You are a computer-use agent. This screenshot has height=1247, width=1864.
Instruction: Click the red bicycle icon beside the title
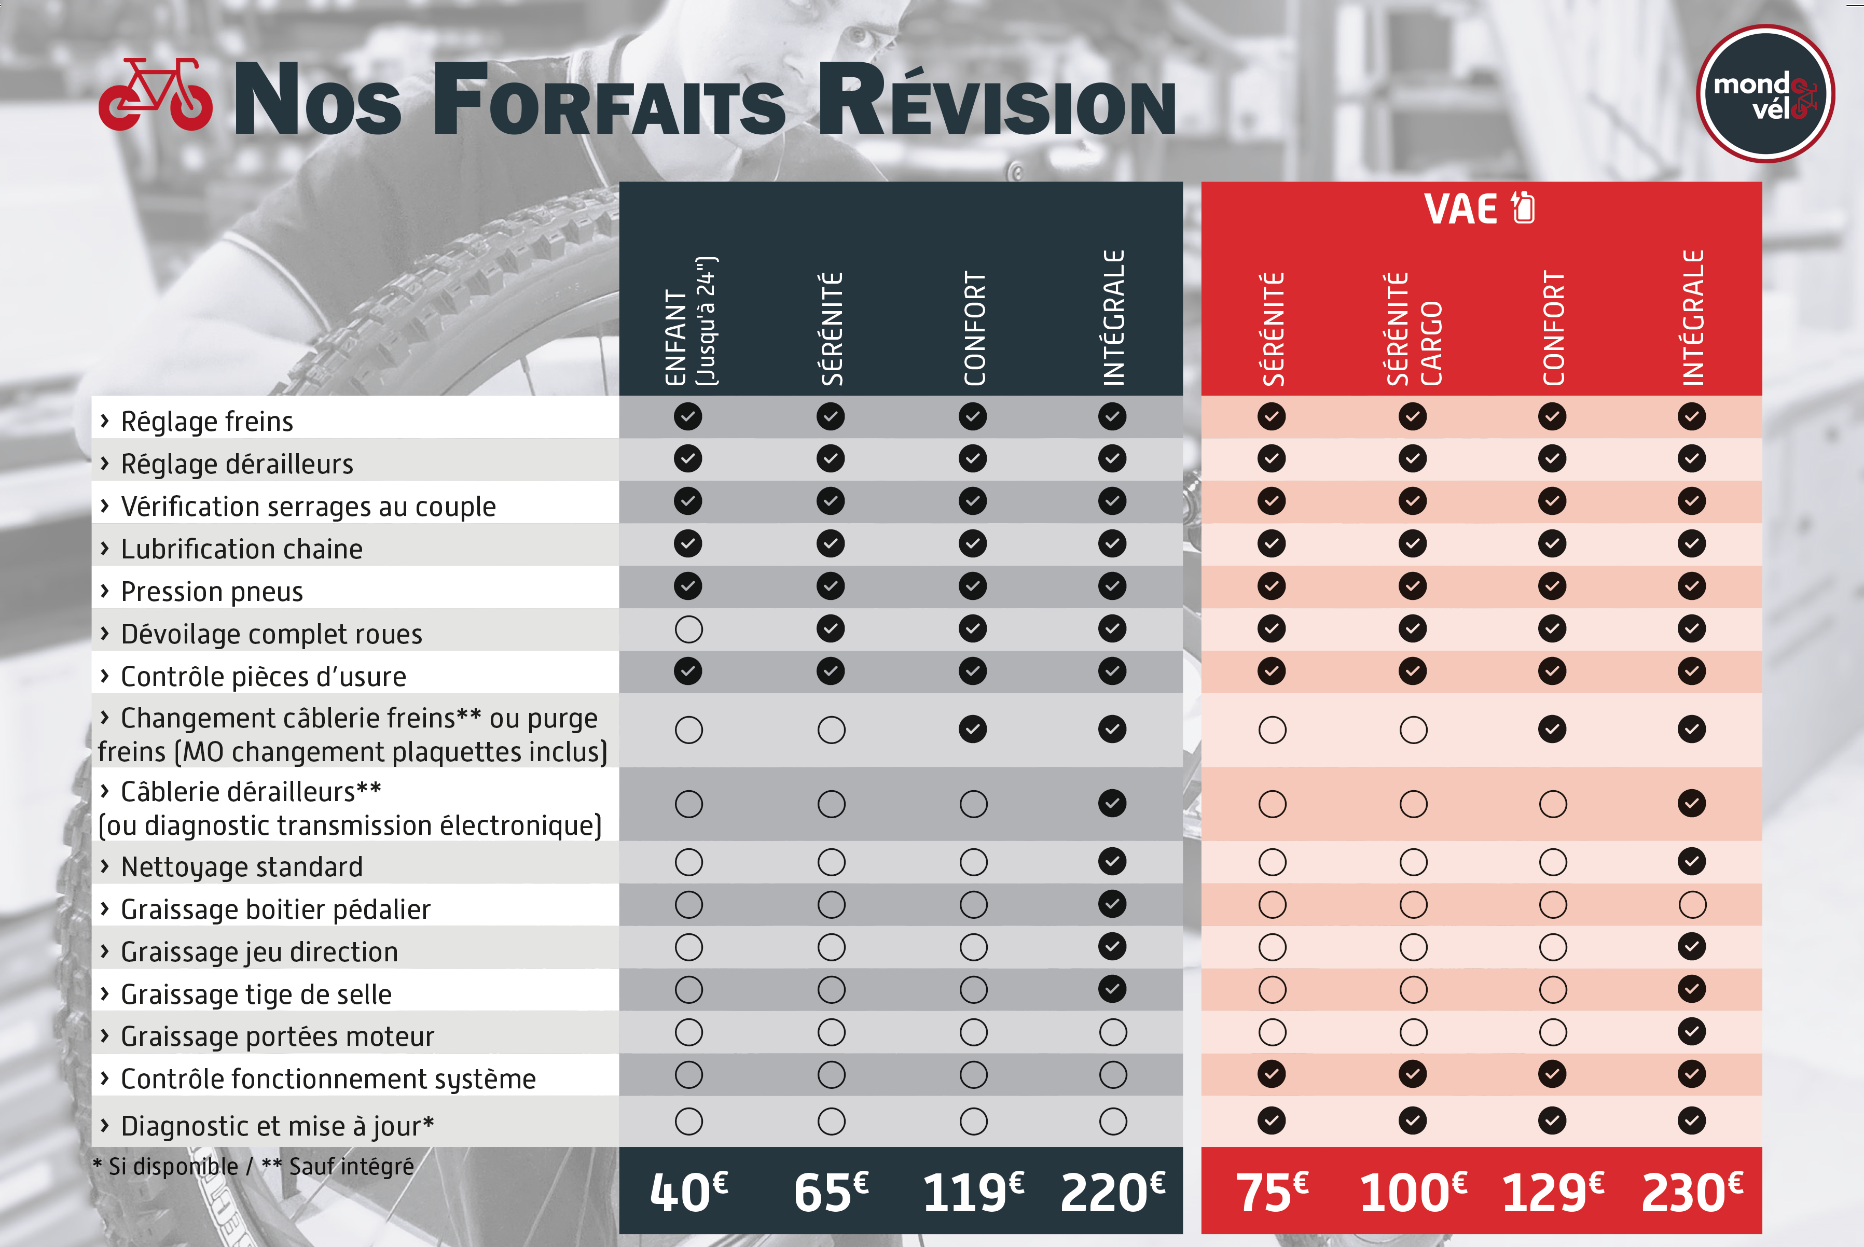[155, 95]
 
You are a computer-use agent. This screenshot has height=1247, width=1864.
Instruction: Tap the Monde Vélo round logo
[1765, 94]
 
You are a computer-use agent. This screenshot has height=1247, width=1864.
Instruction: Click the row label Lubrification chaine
[242, 549]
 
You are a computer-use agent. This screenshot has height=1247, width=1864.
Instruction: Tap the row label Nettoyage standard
[242, 866]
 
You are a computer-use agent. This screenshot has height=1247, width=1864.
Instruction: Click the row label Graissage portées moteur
[277, 1036]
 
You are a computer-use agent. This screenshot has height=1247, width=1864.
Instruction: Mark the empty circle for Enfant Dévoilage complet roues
[689, 629]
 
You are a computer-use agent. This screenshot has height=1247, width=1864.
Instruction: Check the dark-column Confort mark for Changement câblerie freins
[973, 729]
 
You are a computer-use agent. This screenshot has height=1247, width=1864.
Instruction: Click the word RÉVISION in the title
[997, 103]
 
